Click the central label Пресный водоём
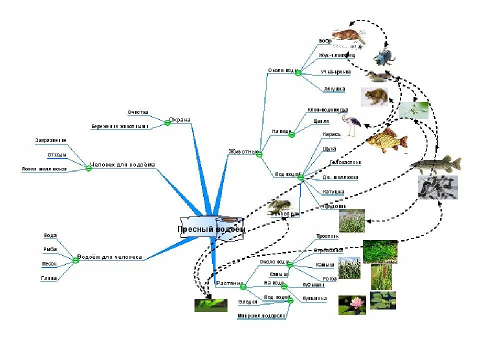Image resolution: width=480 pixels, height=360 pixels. (x=211, y=229)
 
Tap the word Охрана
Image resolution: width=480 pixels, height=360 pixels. (x=180, y=119)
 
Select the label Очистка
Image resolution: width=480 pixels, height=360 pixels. (x=137, y=112)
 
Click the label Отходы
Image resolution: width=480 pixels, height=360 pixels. (x=57, y=155)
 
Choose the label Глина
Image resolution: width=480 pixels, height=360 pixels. (x=49, y=278)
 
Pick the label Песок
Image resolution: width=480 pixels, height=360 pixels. (x=49, y=263)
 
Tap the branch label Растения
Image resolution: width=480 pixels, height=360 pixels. (x=229, y=283)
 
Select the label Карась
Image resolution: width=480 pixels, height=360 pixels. (x=331, y=134)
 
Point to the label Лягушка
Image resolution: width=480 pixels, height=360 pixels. (x=334, y=88)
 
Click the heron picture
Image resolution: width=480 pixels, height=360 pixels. (x=350, y=124)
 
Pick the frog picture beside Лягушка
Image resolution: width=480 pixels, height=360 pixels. (x=374, y=97)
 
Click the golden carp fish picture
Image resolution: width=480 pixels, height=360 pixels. (x=386, y=139)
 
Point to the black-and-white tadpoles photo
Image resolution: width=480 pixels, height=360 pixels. (x=437, y=187)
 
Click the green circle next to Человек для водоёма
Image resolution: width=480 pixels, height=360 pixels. (x=88, y=168)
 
